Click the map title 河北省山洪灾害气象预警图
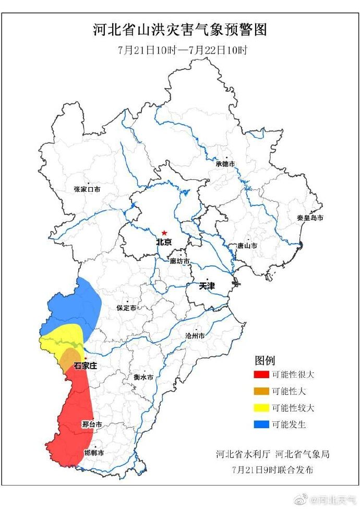tap(180, 30)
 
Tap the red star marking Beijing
tap(164, 233)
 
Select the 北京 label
tap(164, 243)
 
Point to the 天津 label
tap(207, 286)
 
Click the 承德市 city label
tap(225, 164)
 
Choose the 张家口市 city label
tap(87, 189)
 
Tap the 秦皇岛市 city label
tap(310, 217)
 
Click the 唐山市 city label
tap(247, 245)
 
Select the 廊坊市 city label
tap(179, 261)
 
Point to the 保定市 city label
tap(126, 308)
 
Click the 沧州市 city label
tap(195, 336)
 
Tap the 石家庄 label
tap(85, 366)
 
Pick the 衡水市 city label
tap(143, 377)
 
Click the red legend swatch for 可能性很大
tap(261, 374)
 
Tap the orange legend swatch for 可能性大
tap(261, 391)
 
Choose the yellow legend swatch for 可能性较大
tap(261, 408)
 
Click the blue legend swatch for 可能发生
tap(261, 425)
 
